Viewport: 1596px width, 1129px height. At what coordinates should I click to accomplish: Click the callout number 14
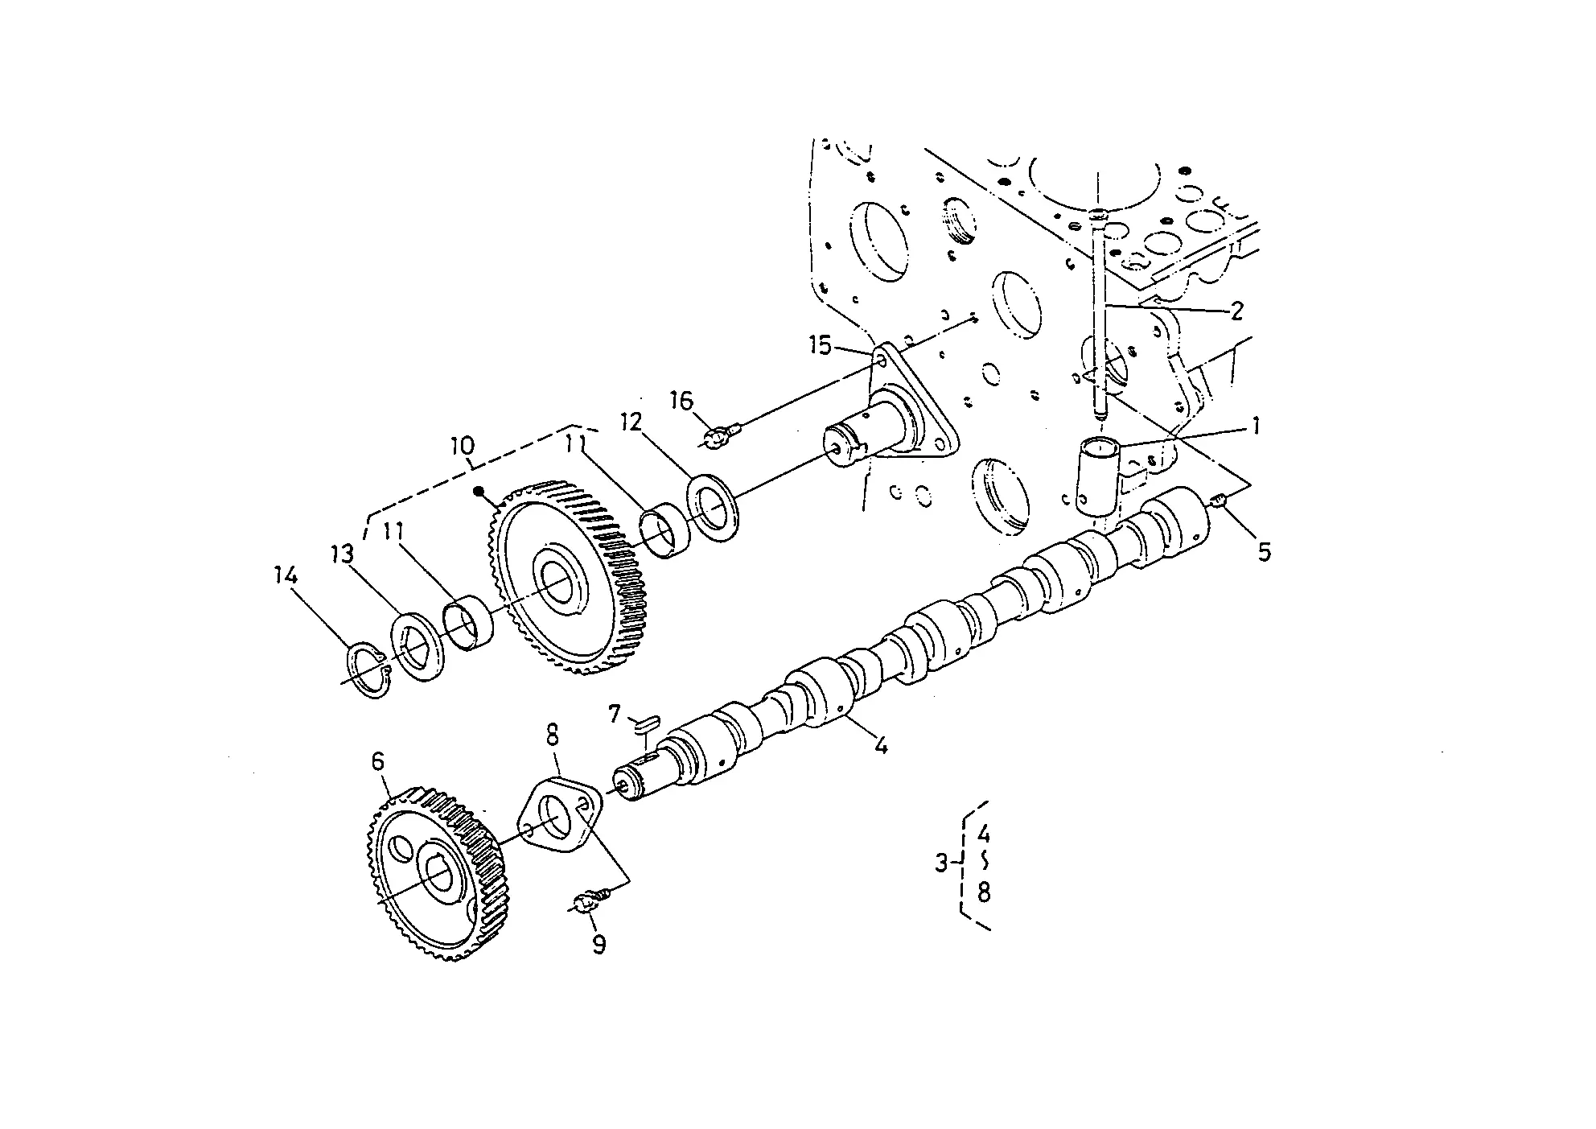point(285,576)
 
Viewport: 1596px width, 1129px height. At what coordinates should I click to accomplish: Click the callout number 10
point(463,445)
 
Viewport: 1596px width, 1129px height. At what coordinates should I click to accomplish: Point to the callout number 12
point(631,422)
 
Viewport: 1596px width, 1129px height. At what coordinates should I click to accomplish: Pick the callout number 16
point(681,401)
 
